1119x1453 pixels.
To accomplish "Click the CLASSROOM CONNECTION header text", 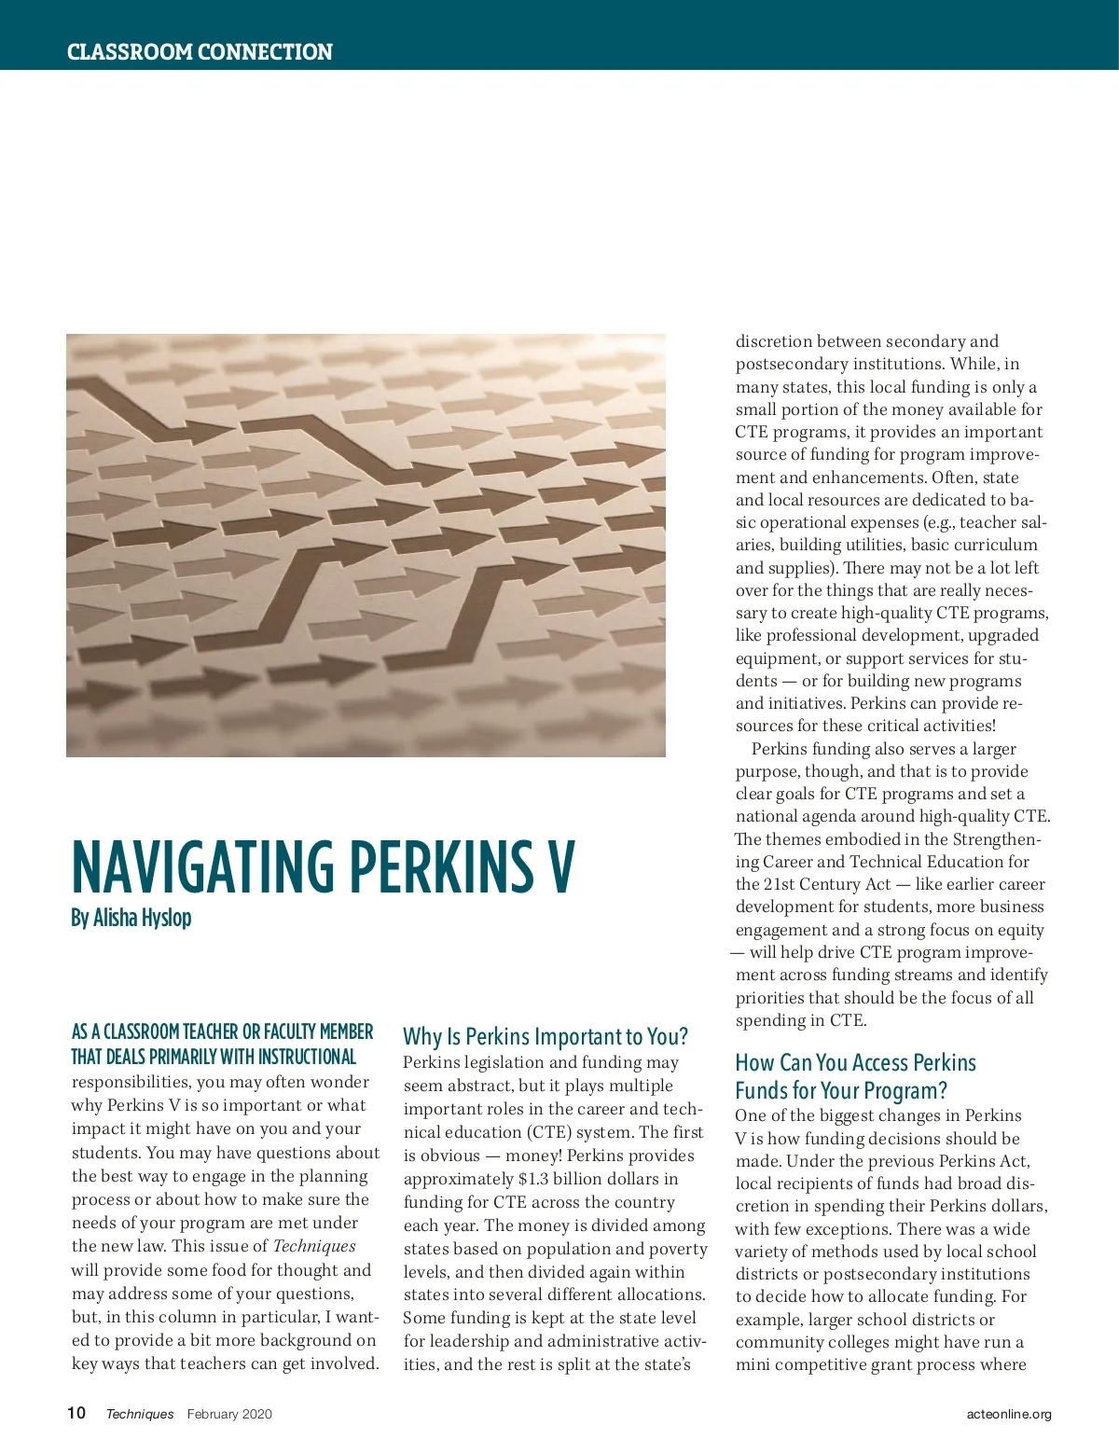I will tap(200, 52).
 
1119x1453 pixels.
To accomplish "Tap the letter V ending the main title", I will tap(560, 867).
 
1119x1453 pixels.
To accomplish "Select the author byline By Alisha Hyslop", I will tap(131, 918).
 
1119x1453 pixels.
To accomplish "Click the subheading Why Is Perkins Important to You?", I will tap(546, 1037).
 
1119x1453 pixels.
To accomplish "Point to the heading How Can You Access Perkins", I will tap(855, 1063).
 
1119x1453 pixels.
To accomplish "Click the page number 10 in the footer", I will tap(76, 1413).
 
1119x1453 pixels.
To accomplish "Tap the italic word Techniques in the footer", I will tap(140, 1414).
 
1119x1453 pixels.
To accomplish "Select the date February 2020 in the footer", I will tap(229, 1414).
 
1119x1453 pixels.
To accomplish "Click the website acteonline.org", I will tap(1009, 1414).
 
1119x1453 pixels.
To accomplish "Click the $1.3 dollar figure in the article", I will tap(533, 1179).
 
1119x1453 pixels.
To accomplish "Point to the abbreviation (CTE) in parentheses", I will tap(553, 1132).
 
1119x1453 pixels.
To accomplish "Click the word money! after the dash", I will tap(532, 1155).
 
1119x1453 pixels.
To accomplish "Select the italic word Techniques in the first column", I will tap(314, 1246).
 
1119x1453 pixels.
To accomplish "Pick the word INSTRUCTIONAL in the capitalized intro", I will tap(307, 1057).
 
